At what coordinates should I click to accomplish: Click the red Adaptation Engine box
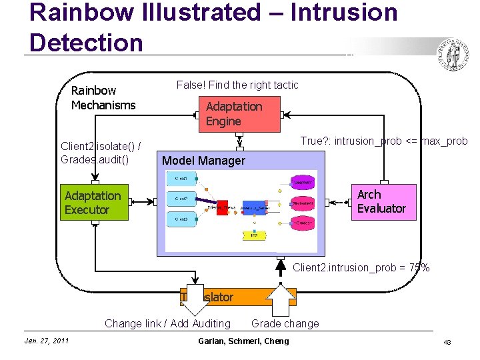coord(239,114)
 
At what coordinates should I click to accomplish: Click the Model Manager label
coord(203,161)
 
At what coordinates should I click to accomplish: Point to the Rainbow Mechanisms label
coord(103,97)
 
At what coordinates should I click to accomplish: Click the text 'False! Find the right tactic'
coord(237,85)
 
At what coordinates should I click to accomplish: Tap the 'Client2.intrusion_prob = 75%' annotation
coord(361,267)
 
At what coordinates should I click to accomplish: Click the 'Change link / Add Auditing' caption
coord(167,324)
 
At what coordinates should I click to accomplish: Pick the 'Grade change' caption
coord(285,324)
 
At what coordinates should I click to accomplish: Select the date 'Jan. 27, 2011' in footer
coord(47,341)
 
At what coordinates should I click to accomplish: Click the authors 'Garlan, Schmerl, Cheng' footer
coord(243,341)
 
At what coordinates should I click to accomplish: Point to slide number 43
coord(447,342)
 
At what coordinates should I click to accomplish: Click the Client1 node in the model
coord(180,179)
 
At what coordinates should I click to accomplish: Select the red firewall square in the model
coord(222,207)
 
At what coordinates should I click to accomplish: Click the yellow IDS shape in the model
coord(253,235)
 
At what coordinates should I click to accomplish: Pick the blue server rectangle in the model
coord(254,207)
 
